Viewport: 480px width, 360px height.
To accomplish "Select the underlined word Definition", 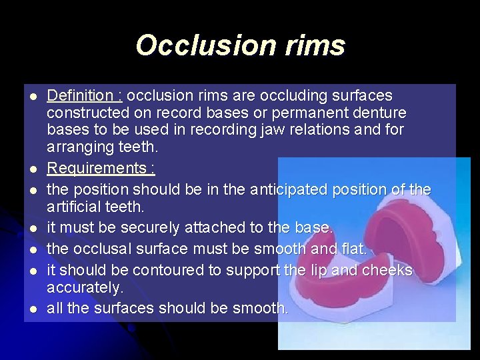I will [77, 96].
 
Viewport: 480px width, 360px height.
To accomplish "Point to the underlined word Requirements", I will [95, 167].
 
